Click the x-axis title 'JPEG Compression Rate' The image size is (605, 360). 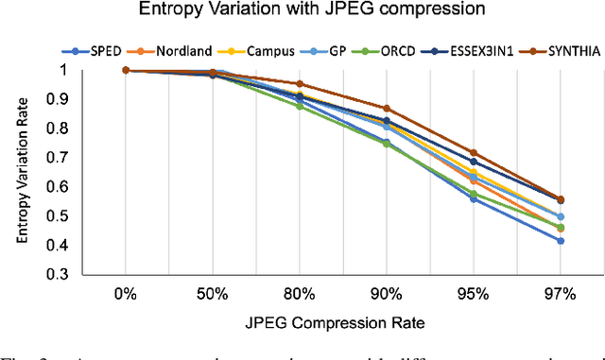tap(330, 322)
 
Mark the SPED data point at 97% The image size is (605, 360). tap(534, 241)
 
